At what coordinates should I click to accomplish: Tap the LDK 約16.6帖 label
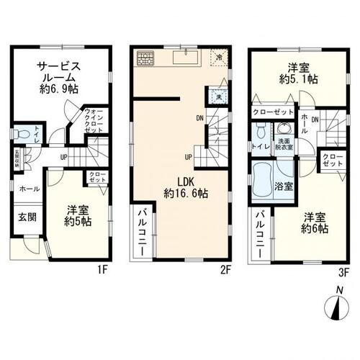(x=186, y=187)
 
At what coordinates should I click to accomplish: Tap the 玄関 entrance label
(x=25, y=217)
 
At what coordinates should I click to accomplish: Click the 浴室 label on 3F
(x=283, y=186)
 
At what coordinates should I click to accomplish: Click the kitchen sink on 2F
(x=190, y=57)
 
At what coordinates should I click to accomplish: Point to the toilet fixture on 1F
(x=17, y=135)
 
